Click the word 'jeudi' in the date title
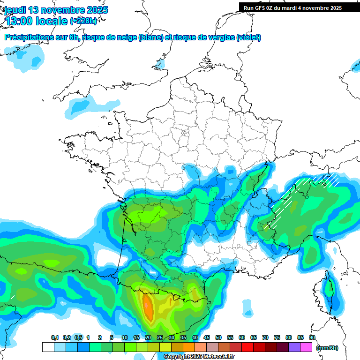coord(15,10)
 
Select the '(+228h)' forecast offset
coord(84,21)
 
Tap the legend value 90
coord(312,338)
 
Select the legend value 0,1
coord(55,338)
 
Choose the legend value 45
coord(207,338)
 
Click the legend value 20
coord(148,338)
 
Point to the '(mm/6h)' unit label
coord(327,348)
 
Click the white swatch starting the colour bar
coord(48,347)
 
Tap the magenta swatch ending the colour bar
coord(306,347)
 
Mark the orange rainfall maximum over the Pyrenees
coord(148,307)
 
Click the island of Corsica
coord(329,293)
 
